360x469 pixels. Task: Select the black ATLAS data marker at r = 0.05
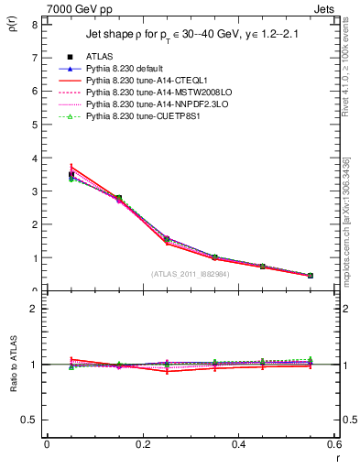pos(71,174)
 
